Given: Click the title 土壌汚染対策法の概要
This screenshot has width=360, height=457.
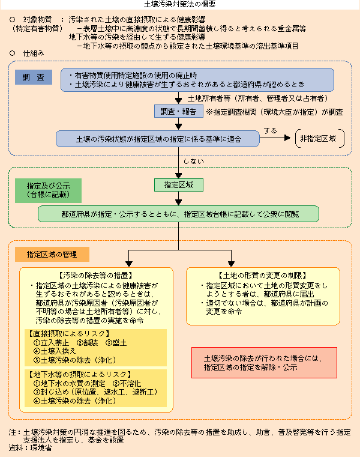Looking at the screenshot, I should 179,4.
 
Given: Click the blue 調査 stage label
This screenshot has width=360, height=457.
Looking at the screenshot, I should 34,77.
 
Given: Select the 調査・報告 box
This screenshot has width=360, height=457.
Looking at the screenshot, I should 178,112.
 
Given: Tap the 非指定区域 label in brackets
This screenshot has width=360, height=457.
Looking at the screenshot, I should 319,138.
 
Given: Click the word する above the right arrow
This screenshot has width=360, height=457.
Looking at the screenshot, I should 270,130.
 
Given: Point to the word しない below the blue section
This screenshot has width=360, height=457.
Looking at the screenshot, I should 190,161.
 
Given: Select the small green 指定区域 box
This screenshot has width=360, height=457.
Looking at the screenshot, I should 178,184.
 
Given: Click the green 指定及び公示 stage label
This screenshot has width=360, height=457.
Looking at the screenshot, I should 44,190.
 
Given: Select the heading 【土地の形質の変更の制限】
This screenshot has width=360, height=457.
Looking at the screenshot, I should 263,276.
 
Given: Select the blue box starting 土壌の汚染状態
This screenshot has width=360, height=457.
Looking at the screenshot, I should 158,139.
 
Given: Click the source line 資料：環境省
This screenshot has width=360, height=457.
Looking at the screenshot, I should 30,448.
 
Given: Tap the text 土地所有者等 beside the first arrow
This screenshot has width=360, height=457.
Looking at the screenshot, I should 209,98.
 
